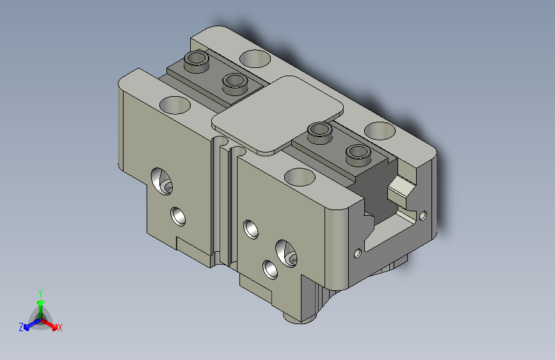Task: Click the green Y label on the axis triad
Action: pos(40,293)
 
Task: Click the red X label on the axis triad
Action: pos(60,327)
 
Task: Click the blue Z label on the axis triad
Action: pos(21,327)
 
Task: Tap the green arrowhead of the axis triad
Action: pos(41,302)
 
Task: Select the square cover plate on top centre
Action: pos(277,114)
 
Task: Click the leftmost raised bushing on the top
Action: pos(197,61)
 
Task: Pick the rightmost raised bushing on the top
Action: pos(358,155)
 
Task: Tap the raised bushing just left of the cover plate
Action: pos(235,84)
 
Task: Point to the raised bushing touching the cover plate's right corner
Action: pos(320,133)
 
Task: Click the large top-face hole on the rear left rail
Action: pos(255,58)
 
